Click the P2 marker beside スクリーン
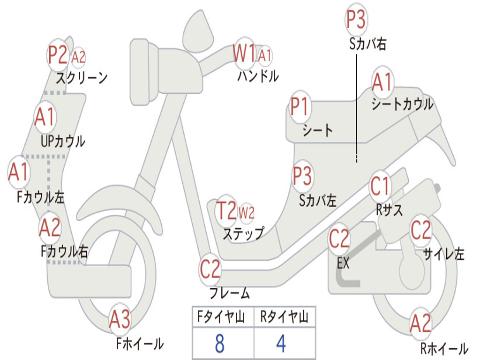point(58,55)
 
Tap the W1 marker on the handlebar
point(244,53)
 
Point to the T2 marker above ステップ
point(226,210)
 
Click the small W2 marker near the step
point(247,212)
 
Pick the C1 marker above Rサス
point(380,186)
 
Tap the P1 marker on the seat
point(299,106)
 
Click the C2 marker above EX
point(339,239)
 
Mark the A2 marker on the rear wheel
point(420,323)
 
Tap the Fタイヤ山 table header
point(221,317)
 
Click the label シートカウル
point(403,104)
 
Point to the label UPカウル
point(63,141)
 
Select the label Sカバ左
point(318,201)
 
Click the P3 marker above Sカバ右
point(356,19)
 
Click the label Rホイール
point(444,348)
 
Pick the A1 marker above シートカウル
point(382,82)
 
